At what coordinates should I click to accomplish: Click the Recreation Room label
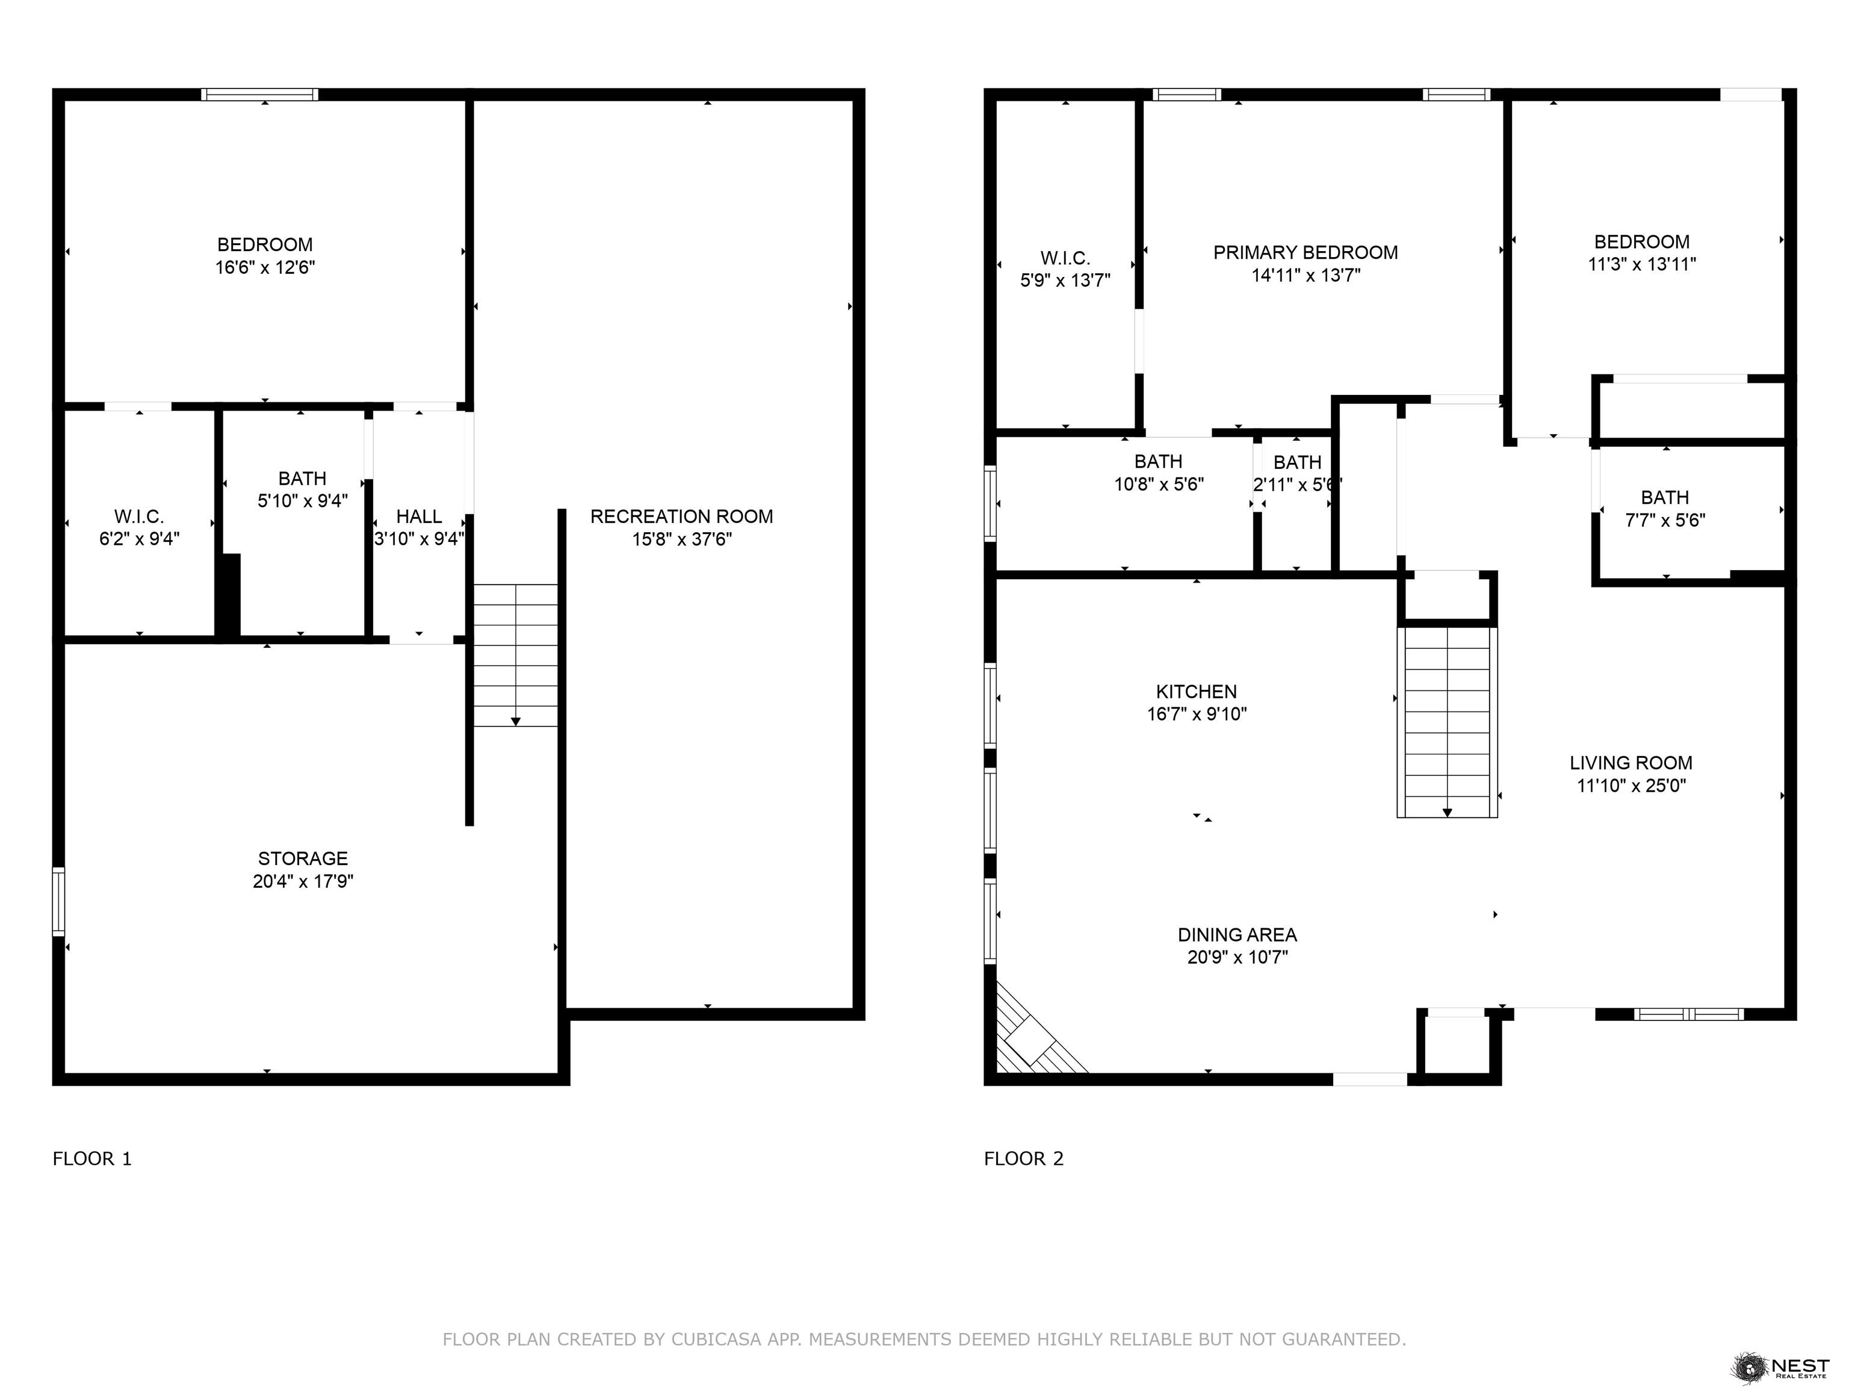point(681,517)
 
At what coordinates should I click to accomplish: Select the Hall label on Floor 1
point(419,517)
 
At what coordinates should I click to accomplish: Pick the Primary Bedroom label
point(1305,252)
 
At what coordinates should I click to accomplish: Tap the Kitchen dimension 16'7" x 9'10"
point(1197,714)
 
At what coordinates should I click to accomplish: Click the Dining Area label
point(1237,935)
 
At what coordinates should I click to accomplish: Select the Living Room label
point(1631,763)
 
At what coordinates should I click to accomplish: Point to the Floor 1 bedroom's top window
point(259,95)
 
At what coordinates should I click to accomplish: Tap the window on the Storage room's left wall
point(58,901)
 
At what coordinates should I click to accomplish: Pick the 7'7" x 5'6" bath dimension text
point(1665,520)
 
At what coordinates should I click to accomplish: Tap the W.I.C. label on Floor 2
point(1065,258)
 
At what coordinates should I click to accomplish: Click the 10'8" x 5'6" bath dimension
point(1159,484)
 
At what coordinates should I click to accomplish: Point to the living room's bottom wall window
point(1688,1014)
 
